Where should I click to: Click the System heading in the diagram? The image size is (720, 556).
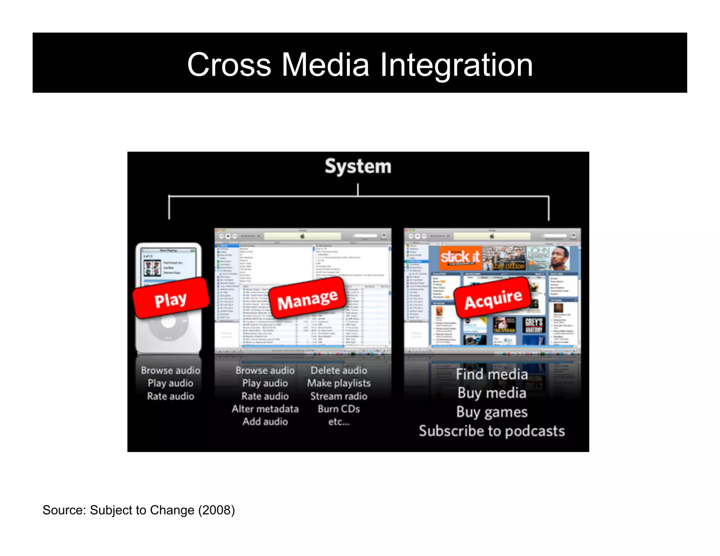tap(358, 166)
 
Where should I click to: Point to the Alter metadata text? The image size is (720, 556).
tap(265, 409)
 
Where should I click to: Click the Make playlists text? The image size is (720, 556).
tap(339, 383)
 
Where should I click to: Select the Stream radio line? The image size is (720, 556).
tap(339, 396)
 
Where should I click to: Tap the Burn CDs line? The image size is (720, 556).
tap(339, 409)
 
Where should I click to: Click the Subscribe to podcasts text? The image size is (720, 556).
tap(491, 431)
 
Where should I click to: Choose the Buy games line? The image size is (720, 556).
tap(491, 412)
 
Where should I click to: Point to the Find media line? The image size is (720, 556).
tap(491, 374)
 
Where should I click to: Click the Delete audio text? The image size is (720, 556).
tap(339, 370)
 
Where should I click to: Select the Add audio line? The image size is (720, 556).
tap(265, 421)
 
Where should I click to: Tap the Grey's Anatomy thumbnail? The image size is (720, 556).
tap(534, 325)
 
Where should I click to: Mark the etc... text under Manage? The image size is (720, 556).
tap(339, 422)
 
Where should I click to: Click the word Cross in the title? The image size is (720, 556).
tap(229, 65)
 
